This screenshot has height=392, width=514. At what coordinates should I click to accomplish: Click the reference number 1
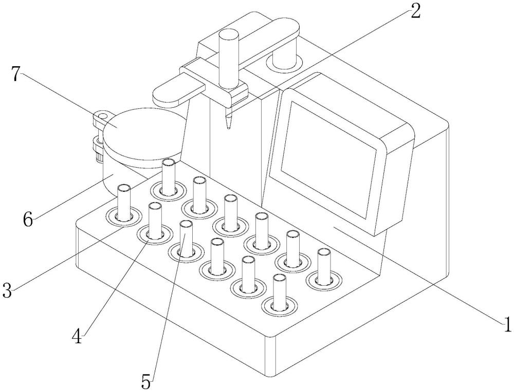click(x=507, y=324)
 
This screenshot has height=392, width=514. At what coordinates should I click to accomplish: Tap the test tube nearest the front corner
click(x=279, y=292)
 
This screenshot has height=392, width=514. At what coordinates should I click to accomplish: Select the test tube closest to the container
click(x=168, y=177)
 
